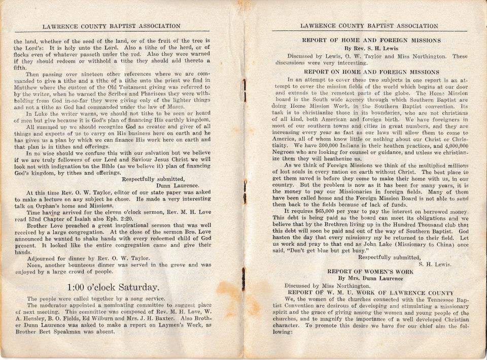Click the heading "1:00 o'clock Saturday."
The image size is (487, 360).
click(x=114, y=287)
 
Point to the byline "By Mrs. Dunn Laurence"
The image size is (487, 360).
click(x=371, y=278)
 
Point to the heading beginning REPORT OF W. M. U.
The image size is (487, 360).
click(x=371, y=293)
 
